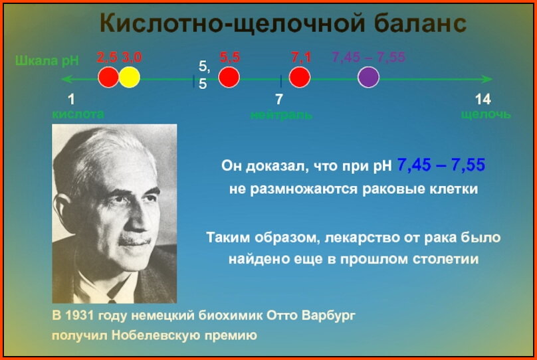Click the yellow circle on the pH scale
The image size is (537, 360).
pos(130,78)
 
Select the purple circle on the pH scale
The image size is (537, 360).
pos(368,78)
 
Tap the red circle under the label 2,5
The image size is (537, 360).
pos(108,78)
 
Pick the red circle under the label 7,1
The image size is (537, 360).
pos(300,78)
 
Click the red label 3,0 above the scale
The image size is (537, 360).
pos(131,58)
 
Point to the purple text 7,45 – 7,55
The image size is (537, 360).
pos(368,58)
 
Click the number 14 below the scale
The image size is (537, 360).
pos(483,100)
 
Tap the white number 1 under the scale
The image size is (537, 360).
pos(71,100)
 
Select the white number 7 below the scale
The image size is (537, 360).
pos(279,100)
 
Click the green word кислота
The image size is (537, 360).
pos(78,114)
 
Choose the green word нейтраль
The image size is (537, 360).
pos(281,115)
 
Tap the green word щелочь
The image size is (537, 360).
pos(486,114)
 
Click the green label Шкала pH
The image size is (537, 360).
pos(47,62)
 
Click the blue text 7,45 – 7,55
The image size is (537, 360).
pos(441,165)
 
